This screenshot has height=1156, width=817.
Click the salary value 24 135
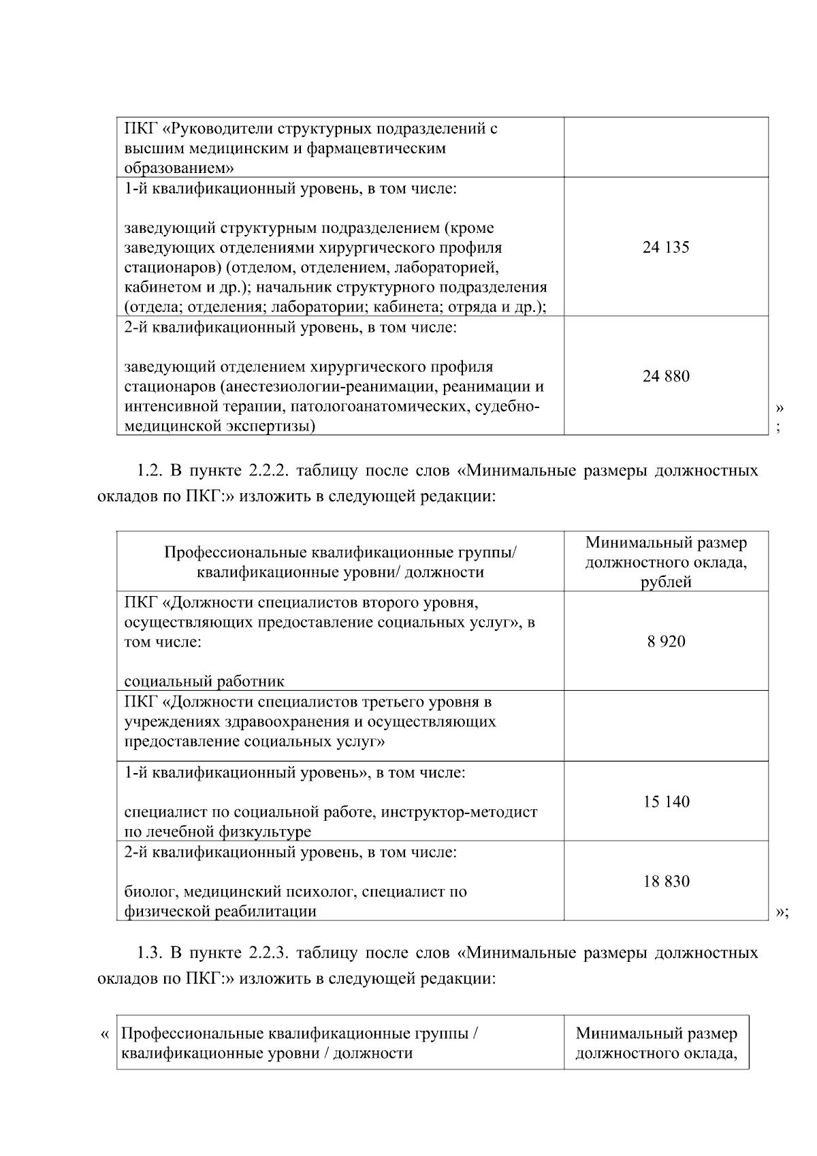[x=665, y=247]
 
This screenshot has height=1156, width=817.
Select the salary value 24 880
[x=665, y=376]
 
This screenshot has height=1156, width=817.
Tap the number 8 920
[x=666, y=641]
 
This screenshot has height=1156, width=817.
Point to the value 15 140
[x=666, y=802]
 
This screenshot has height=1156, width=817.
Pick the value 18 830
[x=666, y=881]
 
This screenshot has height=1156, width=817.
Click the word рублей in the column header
[x=666, y=582]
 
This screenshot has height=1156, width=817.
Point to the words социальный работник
[x=204, y=681]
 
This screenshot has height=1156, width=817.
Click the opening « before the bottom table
[x=104, y=1034]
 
